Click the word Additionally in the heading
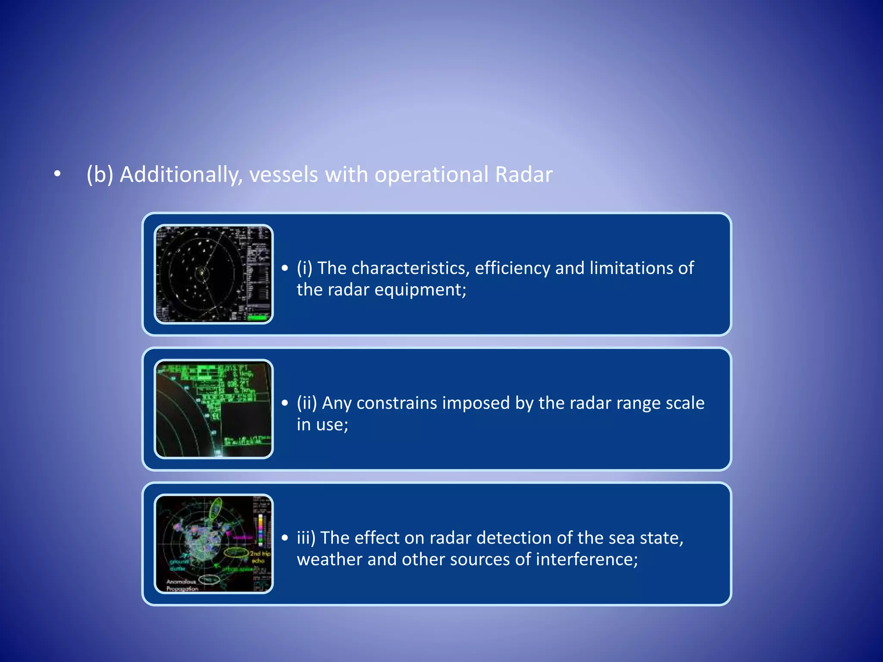[x=178, y=175]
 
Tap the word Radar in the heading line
[x=523, y=175]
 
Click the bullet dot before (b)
[x=57, y=174]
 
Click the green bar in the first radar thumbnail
[x=257, y=318]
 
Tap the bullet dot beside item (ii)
[x=285, y=403]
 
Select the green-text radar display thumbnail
[x=214, y=409]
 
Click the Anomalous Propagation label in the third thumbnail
[x=182, y=585]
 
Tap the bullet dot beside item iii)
[x=285, y=538]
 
